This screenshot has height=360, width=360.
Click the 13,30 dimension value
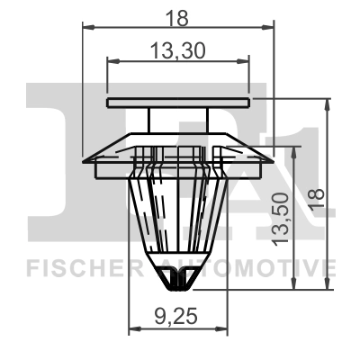(176, 52)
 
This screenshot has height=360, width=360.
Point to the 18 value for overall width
(176, 14)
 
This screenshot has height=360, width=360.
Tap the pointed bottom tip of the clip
(176, 289)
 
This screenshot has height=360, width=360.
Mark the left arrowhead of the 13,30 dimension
(111, 61)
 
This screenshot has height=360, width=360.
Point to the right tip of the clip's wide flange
(269, 160)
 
